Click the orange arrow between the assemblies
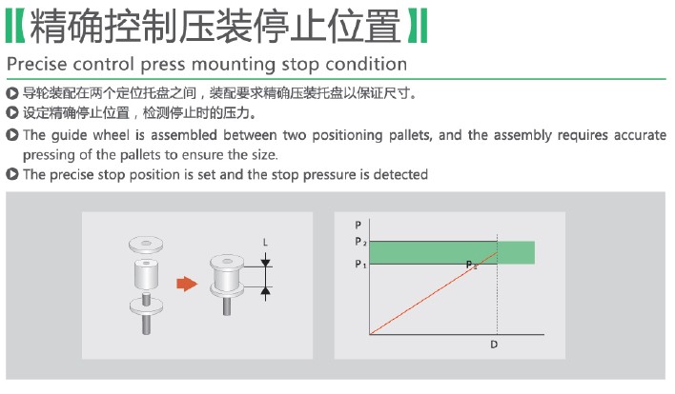click(x=187, y=284)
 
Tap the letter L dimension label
click(x=265, y=243)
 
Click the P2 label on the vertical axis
click(x=360, y=242)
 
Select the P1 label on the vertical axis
click(x=360, y=264)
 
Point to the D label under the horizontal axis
click(x=494, y=345)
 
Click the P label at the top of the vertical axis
click(x=358, y=225)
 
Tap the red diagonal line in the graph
click(x=434, y=293)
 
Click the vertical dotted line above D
click(x=498, y=285)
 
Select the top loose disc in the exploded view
click(x=146, y=245)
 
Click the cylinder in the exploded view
click(x=146, y=274)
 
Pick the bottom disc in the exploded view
click(x=147, y=306)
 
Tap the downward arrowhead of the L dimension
click(x=266, y=261)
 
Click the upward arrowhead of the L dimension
click(x=266, y=292)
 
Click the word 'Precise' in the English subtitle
click(x=37, y=65)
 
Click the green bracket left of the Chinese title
click(x=15, y=26)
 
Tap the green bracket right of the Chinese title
click(x=418, y=26)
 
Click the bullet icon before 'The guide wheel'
click(x=12, y=135)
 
